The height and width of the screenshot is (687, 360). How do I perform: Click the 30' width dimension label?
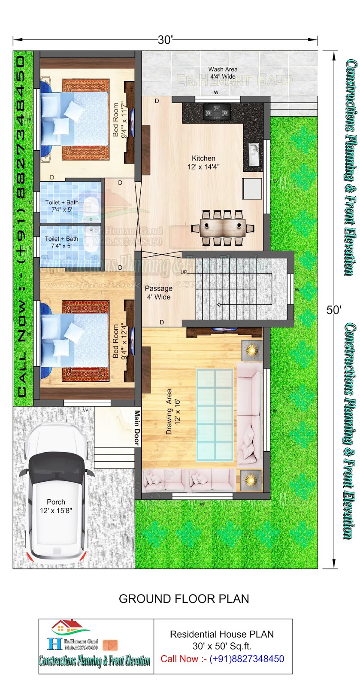tap(165, 40)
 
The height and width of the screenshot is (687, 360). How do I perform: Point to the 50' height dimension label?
tap(333, 310)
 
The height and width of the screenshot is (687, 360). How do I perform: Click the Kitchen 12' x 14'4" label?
tap(203, 163)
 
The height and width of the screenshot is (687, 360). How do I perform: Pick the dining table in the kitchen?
tap(223, 228)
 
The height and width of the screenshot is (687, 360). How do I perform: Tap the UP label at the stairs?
tap(184, 272)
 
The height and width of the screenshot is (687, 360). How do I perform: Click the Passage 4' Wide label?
tap(158, 292)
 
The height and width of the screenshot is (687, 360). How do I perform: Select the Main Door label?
tap(137, 428)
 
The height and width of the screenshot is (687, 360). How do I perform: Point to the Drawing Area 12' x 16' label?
tap(172, 412)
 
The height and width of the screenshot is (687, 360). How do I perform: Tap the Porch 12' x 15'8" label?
tap(56, 506)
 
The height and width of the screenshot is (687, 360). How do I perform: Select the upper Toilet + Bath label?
tap(62, 206)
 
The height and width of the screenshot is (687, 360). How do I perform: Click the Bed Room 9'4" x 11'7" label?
tap(119, 120)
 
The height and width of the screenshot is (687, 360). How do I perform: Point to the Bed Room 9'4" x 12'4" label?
tap(119, 342)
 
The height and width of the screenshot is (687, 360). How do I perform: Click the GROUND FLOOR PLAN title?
tap(184, 599)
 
